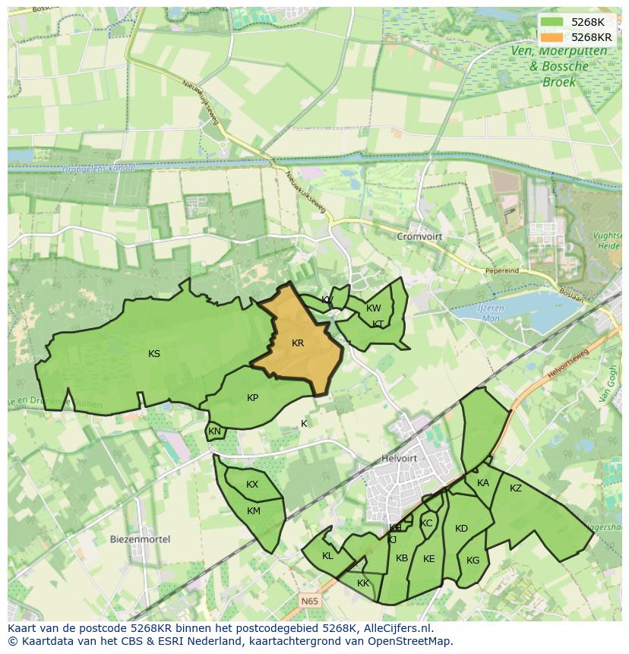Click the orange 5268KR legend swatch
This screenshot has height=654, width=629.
[x=553, y=37]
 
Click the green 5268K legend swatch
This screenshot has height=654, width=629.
[x=553, y=22]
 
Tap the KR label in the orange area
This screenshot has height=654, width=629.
[x=298, y=343]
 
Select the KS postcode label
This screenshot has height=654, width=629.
[x=154, y=354]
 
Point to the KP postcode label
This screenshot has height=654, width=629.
[x=253, y=398]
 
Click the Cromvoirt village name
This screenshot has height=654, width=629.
[x=419, y=237]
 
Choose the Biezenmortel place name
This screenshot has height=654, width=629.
[x=140, y=539]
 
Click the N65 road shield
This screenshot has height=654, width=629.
[x=309, y=601]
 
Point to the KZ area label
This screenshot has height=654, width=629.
[x=516, y=488]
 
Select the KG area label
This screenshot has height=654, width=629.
[x=473, y=561]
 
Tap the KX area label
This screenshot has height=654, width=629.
[x=252, y=485]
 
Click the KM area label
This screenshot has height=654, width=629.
[x=254, y=511]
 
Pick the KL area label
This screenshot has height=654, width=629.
[x=327, y=556]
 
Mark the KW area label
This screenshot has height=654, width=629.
[x=373, y=308]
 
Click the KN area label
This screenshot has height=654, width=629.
[x=214, y=432]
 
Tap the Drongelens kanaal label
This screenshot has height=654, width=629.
[x=100, y=168]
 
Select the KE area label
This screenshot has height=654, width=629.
[x=429, y=559]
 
